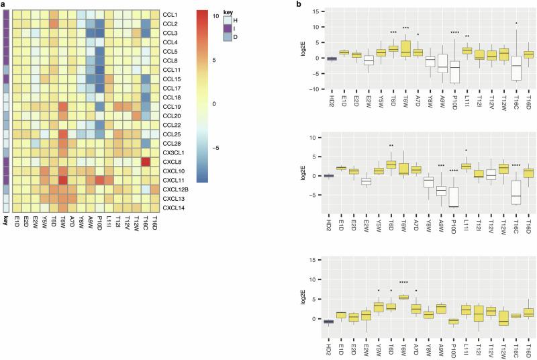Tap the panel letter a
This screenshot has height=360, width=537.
tap(3, 5)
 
